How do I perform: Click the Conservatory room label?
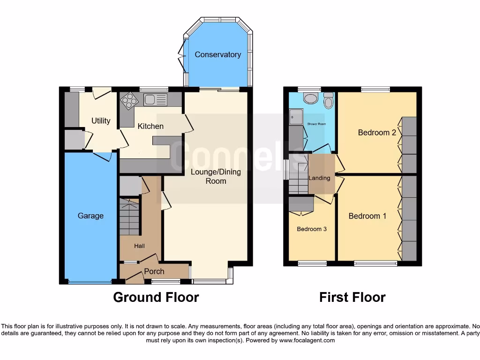click(217, 54)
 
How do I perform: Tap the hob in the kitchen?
click(128, 99)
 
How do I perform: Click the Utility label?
click(101, 120)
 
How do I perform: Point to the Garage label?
click(90, 216)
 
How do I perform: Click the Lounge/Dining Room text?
click(216, 176)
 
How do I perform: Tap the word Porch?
click(154, 271)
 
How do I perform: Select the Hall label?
click(139, 246)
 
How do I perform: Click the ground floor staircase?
click(130, 217)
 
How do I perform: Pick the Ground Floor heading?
click(156, 297)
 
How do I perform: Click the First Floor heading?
click(352, 297)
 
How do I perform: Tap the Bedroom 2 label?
click(377, 133)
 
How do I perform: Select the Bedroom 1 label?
click(367, 216)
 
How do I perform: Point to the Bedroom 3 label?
click(312, 229)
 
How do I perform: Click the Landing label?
click(319, 178)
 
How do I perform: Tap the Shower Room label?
click(316, 124)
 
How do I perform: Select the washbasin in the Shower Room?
click(310, 98)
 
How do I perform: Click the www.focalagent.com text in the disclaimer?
click(307, 340)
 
